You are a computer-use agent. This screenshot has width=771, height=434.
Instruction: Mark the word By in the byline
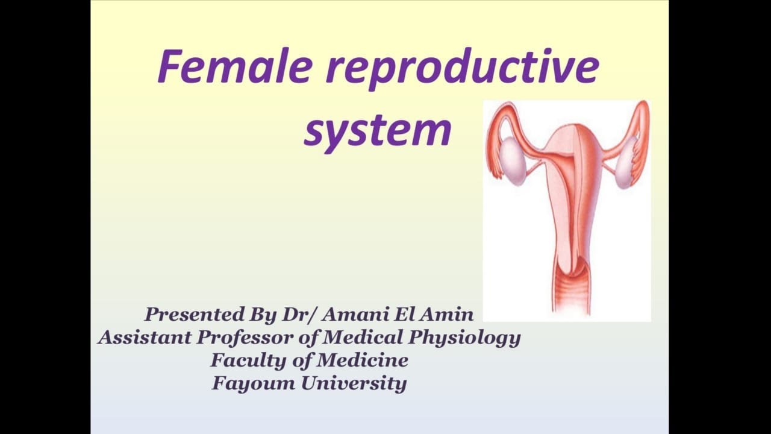pyautogui.click(x=263, y=314)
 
